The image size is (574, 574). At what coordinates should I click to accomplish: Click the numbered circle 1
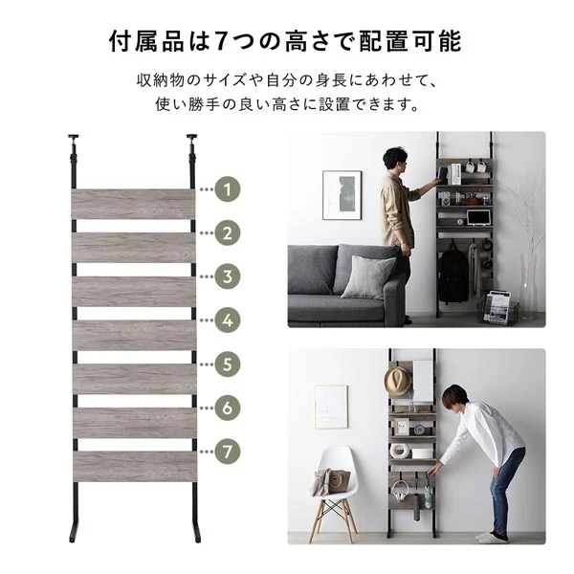pyautogui.click(x=227, y=189)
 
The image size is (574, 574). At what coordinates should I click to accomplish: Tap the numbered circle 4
pyautogui.click(x=227, y=320)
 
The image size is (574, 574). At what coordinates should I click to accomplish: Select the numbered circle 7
pyautogui.click(x=227, y=451)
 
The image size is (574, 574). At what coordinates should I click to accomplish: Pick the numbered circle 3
pyautogui.click(x=227, y=276)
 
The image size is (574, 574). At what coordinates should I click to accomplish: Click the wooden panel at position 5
pyautogui.click(x=134, y=378)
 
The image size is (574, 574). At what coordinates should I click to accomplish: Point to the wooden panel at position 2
pyautogui.click(x=134, y=248)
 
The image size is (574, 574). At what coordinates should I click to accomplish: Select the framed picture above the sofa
pyautogui.click(x=342, y=195)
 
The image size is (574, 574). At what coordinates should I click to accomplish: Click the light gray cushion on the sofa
pyautogui.click(x=367, y=276)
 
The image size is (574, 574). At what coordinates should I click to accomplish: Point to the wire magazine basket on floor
pyautogui.click(x=499, y=308)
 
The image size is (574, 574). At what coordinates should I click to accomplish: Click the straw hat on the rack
pyautogui.click(x=397, y=380)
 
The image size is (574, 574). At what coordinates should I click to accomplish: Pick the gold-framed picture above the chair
pyautogui.click(x=331, y=406)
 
